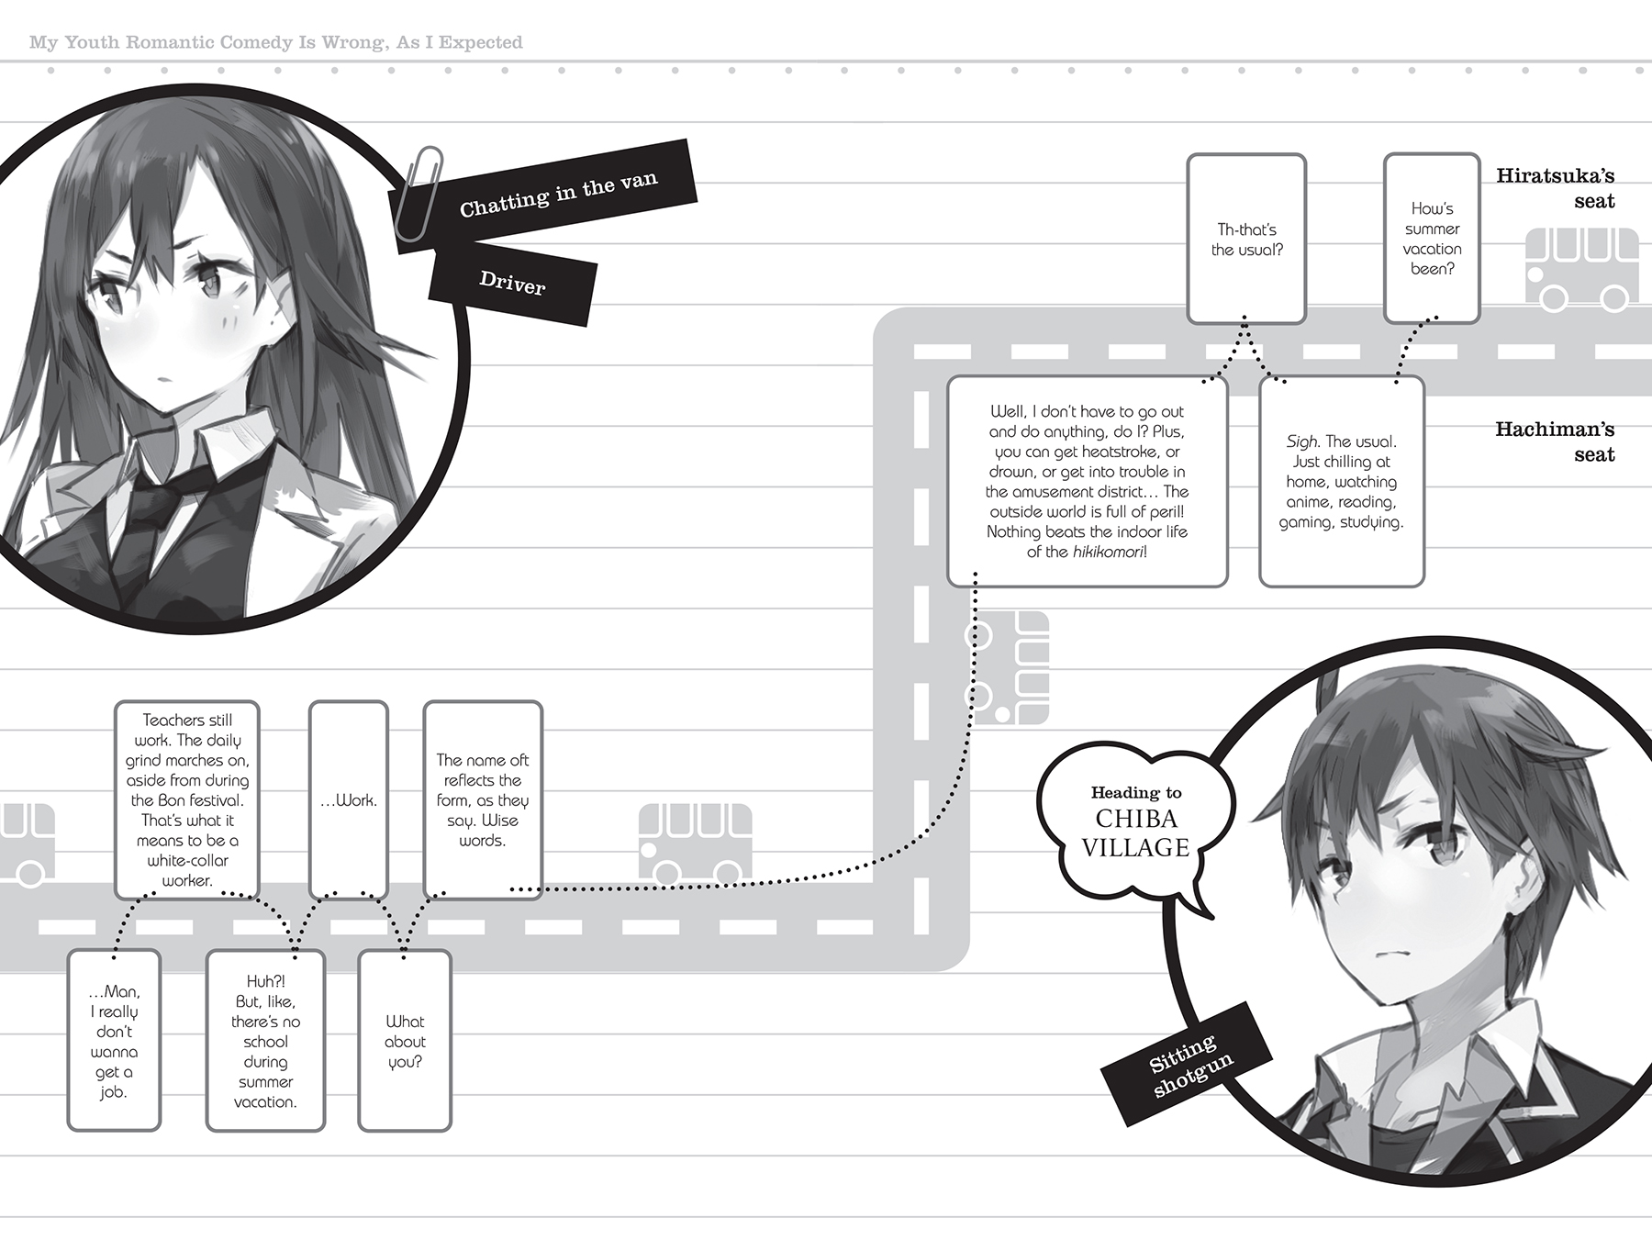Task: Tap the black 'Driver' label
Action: (x=512, y=284)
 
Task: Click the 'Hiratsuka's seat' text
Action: (x=1555, y=188)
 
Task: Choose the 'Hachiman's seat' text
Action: (x=1555, y=441)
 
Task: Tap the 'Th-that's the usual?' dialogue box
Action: (x=1246, y=239)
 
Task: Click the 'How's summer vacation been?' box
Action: (x=1432, y=239)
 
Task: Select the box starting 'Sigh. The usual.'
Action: (x=1341, y=482)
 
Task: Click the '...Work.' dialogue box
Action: (x=349, y=799)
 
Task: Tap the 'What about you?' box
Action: (x=405, y=1041)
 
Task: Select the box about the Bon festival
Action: (x=187, y=799)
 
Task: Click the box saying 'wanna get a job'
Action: (x=114, y=1041)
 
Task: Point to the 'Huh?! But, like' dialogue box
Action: (x=265, y=1041)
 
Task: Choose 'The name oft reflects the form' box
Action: (x=483, y=799)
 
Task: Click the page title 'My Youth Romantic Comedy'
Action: (x=275, y=42)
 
